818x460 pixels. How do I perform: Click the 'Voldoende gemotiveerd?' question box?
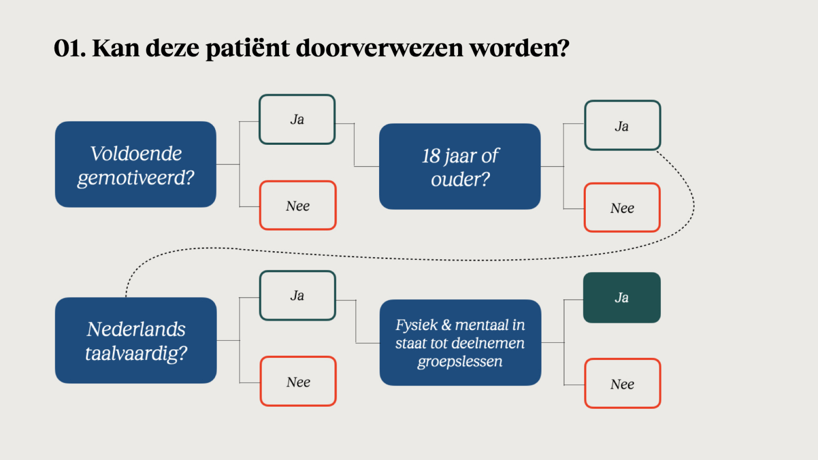tap(135, 165)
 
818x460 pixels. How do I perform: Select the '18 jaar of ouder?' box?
tap(460, 167)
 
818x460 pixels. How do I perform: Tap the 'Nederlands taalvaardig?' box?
tap(136, 340)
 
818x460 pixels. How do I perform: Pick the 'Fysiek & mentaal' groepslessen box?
tap(460, 342)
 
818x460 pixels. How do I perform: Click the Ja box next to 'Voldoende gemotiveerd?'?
tap(297, 119)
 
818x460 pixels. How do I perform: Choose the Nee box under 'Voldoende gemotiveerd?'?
tap(298, 206)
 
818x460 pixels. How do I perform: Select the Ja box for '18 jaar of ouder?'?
tap(623, 126)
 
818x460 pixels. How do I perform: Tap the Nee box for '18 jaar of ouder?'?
tap(622, 208)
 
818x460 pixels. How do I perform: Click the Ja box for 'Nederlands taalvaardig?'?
tap(298, 295)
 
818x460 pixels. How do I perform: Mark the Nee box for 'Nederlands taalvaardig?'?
tap(298, 382)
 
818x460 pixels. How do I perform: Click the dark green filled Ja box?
tap(622, 298)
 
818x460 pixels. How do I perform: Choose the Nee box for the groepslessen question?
tap(623, 383)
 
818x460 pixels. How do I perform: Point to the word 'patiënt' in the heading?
tap(248, 49)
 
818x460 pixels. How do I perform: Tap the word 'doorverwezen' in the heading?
tap(380, 48)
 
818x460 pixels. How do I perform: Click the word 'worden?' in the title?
tap(519, 48)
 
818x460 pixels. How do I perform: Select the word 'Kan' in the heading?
tap(116, 48)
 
